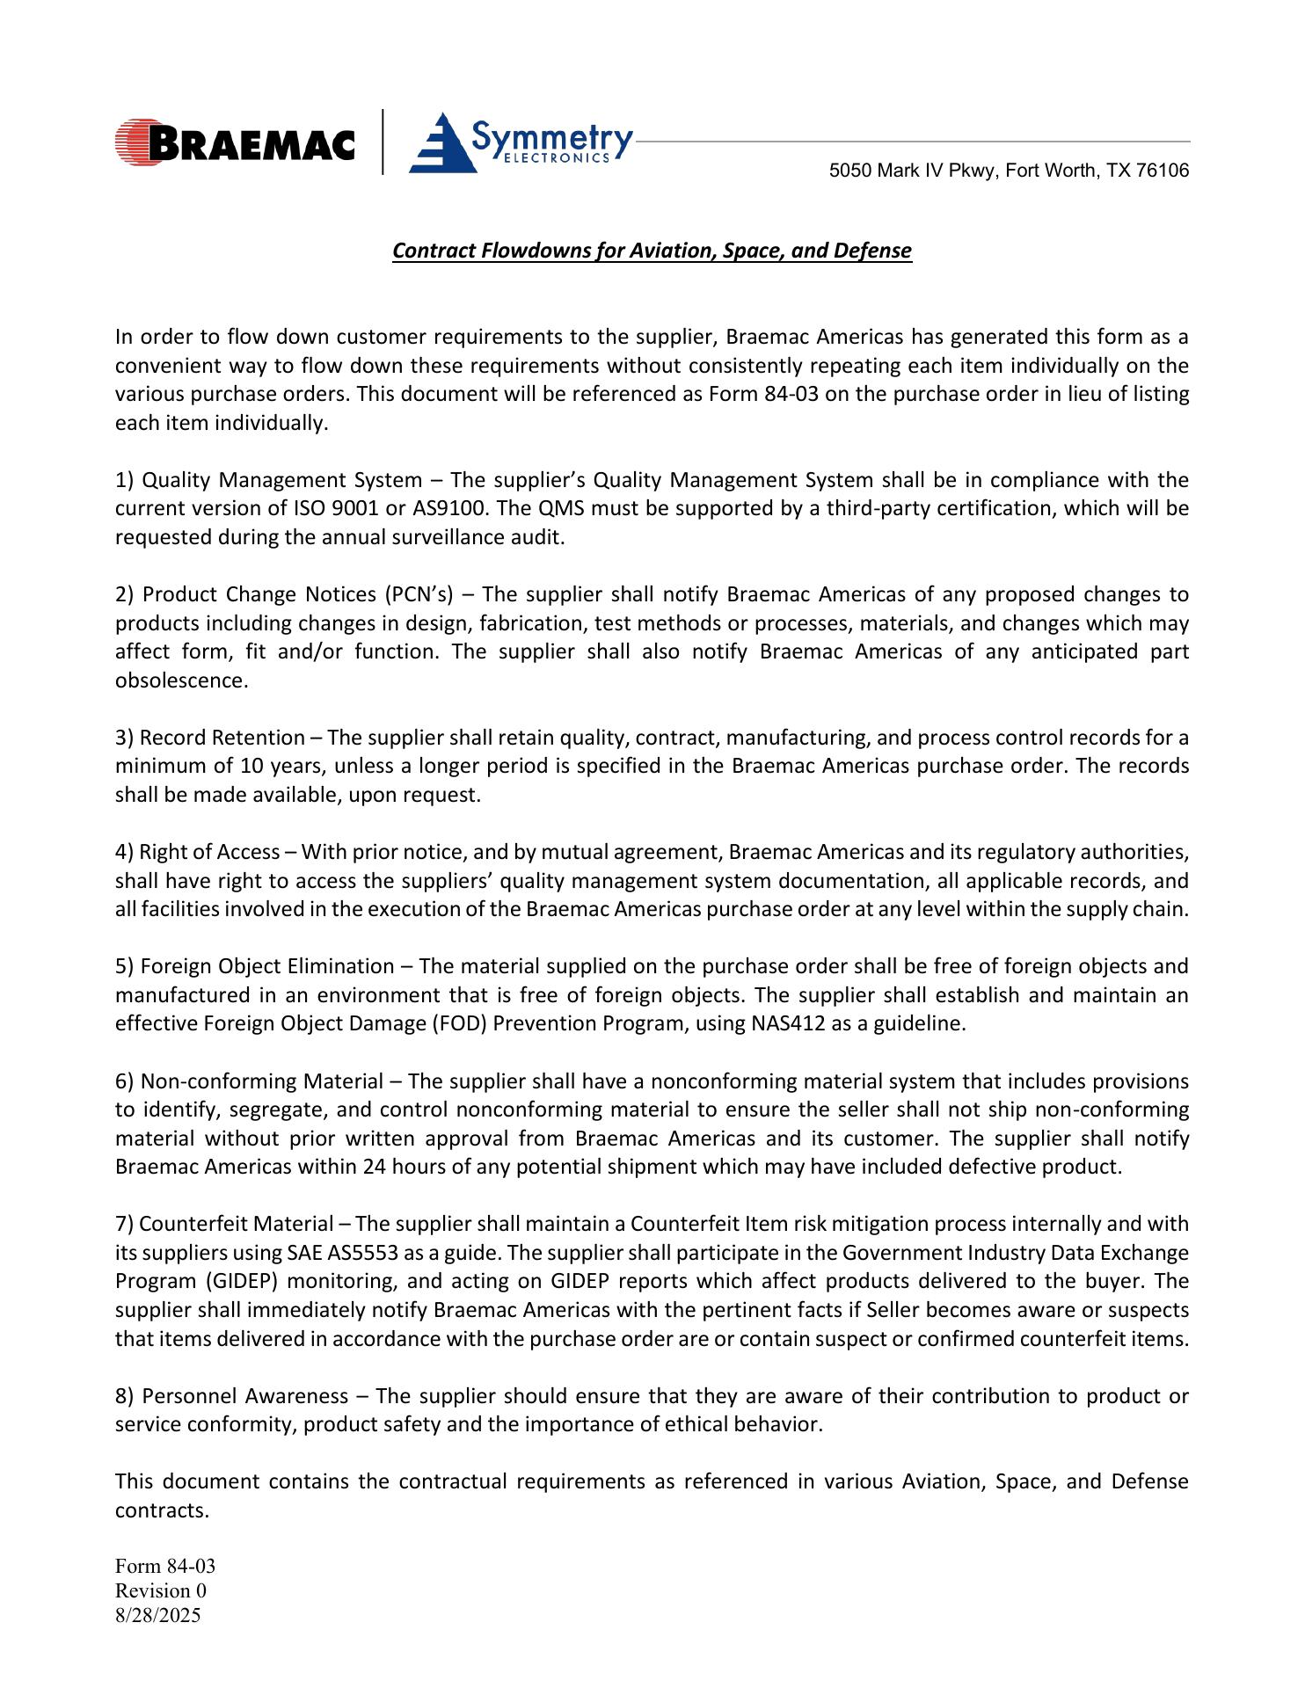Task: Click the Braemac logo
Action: tap(235, 142)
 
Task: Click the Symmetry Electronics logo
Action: tap(521, 142)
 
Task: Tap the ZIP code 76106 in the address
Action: tap(1163, 171)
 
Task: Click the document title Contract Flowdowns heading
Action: tap(652, 251)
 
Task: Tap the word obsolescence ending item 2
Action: tap(181, 681)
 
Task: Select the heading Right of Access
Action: tap(209, 853)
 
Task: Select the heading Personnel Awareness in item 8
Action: tap(245, 1397)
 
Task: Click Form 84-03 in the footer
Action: tap(165, 1567)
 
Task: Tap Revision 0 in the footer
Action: tap(161, 1591)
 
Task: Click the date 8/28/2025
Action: tap(158, 1616)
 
